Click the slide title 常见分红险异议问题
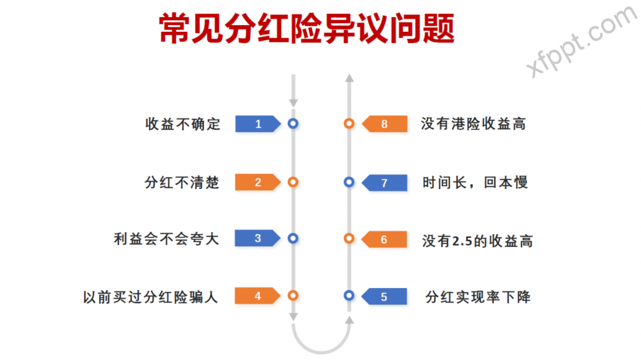coord(307,29)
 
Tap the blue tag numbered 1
coord(257,124)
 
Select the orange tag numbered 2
coord(257,182)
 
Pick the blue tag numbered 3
coord(257,239)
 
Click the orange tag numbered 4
coord(257,296)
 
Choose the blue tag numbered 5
coord(385,296)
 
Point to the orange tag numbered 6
coord(385,239)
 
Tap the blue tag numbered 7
coord(385,182)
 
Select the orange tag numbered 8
coord(385,124)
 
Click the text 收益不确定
coord(183,124)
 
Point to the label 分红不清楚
coord(182,182)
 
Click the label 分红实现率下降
coord(478,296)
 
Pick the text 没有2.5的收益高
coord(477,240)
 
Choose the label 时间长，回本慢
coord(474,182)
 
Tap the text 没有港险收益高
coord(473,124)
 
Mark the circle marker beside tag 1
coord(292,124)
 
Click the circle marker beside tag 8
coord(349,124)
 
